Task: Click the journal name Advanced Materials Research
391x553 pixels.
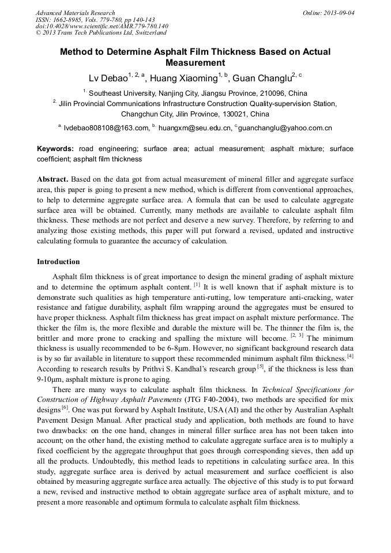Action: tap(75, 13)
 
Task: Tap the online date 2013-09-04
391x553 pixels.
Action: tap(339, 13)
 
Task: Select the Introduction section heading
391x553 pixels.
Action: tap(58, 262)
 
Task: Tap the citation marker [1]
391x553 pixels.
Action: tap(197, 284)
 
